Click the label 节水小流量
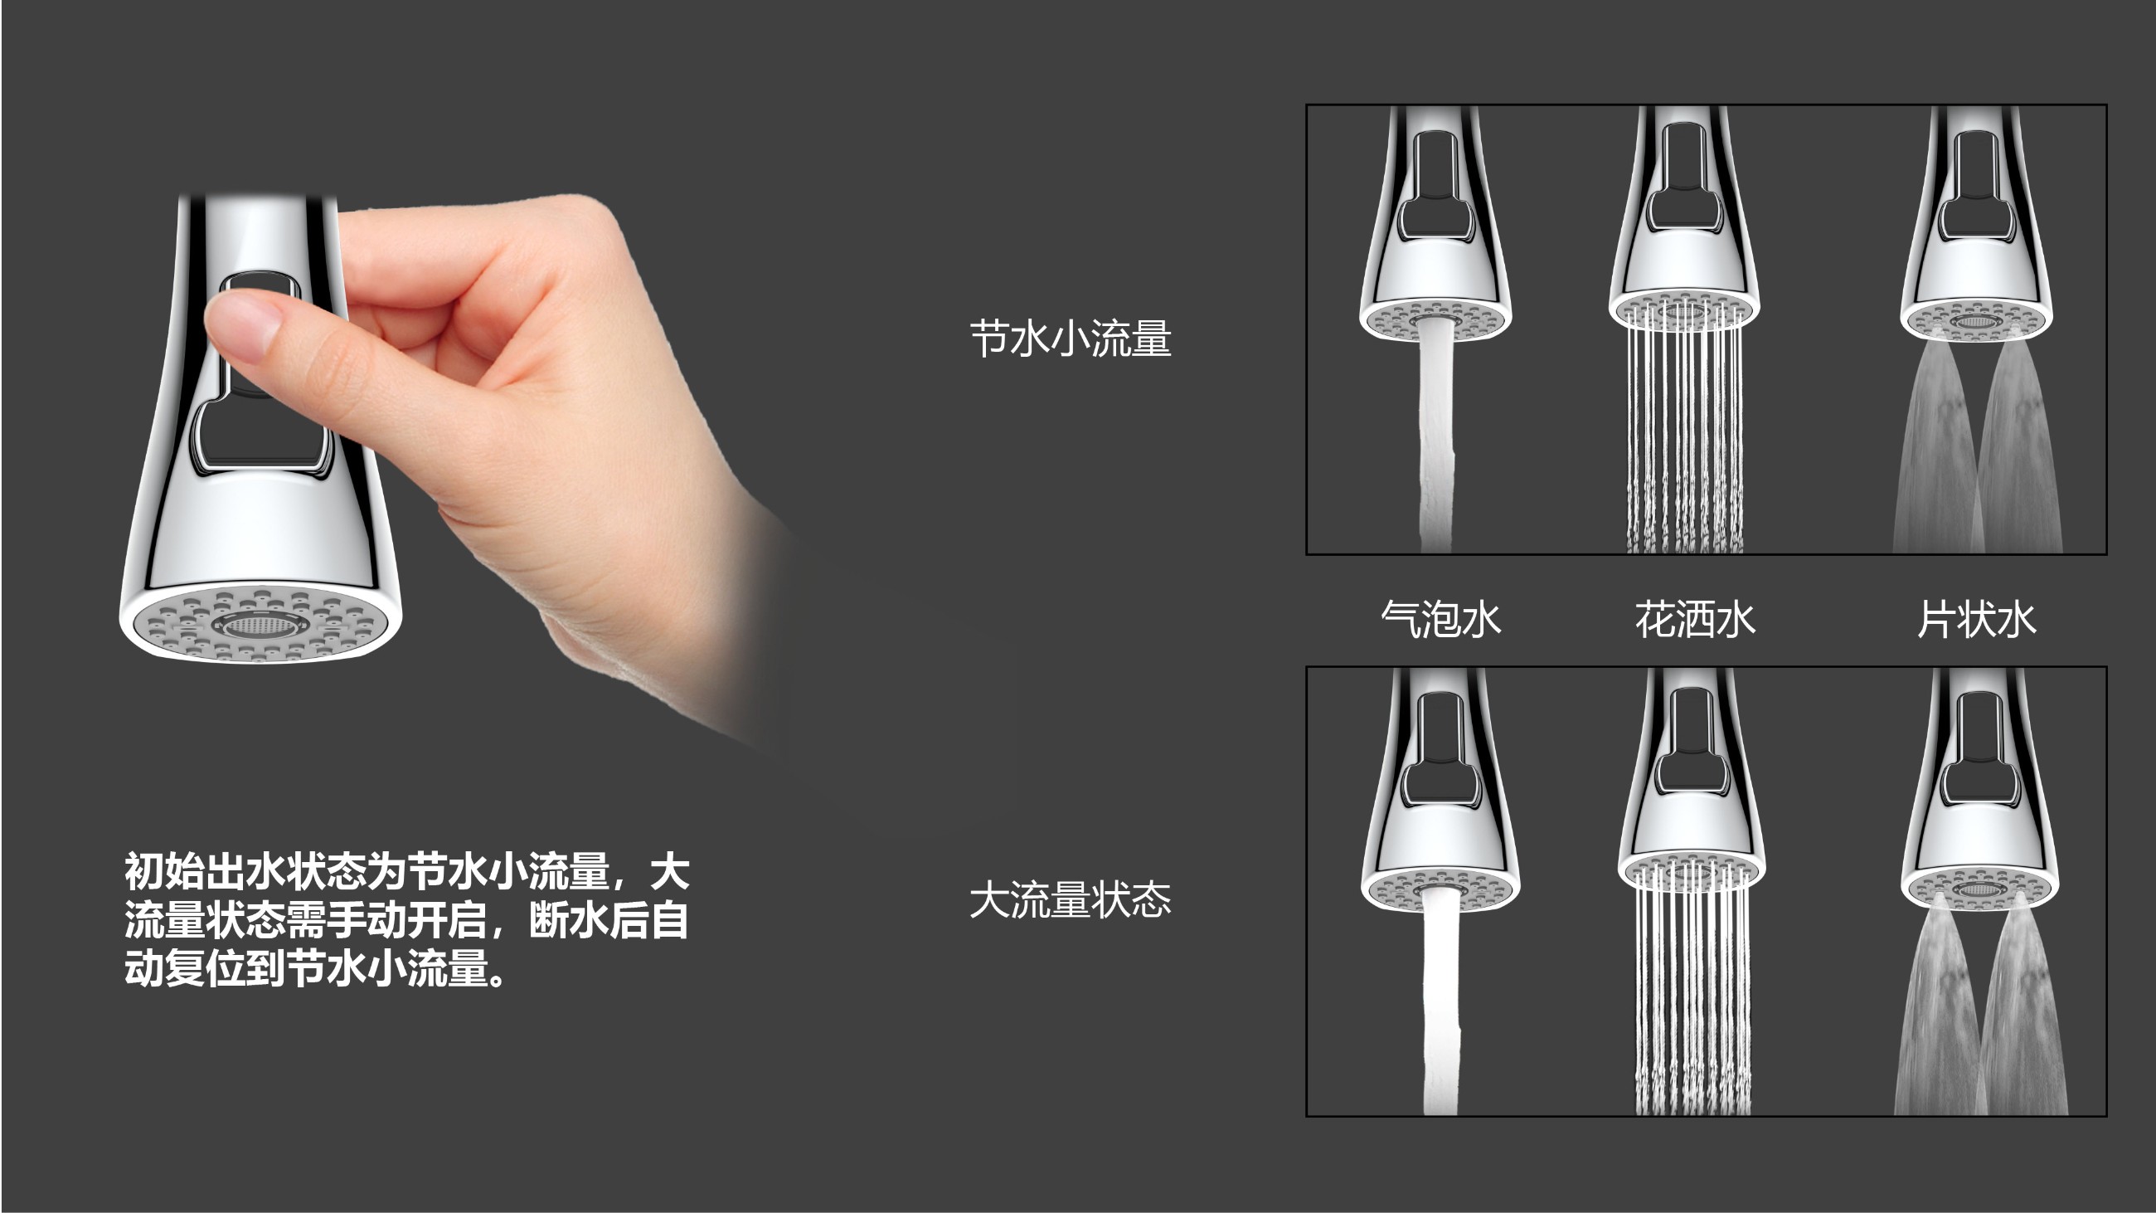(1071, 339)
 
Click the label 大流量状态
(1071, 900)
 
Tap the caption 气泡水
(1440, 620)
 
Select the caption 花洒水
(1695, 620)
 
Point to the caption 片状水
(1977, 620)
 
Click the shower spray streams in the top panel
(1685, 431)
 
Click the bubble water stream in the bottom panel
(1440, 1001)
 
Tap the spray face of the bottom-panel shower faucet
(1692, 870)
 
